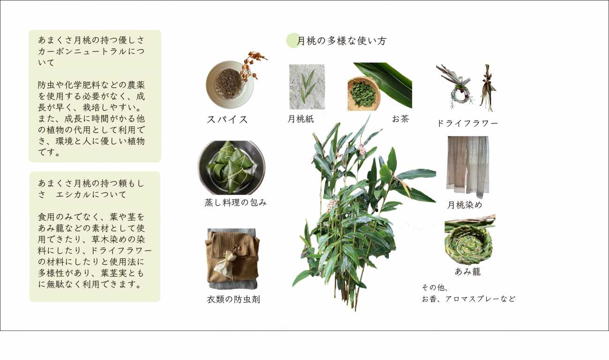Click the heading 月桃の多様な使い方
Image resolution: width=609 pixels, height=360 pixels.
[x=342, y=41]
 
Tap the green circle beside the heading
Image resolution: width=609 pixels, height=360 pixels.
[x=293, y=40]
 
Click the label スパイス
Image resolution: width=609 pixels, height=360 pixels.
[x=227, y=119]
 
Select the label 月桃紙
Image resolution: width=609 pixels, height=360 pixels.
[x=301, y=119]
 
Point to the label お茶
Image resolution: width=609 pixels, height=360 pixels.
[x=401, y=119]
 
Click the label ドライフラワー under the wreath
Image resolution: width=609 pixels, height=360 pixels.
[x=468, y=123]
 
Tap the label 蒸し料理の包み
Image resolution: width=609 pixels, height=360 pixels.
[x=236, y=202]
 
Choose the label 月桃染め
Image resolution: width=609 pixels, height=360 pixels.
[x=465, y=205]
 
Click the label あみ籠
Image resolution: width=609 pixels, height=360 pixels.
[x=468, y=272]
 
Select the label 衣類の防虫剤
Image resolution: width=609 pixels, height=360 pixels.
[x=234, y=300]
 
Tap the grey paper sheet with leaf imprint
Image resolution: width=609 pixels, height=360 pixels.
[x=307, y=87]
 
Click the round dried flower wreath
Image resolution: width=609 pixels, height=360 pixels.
[x=461, y=97]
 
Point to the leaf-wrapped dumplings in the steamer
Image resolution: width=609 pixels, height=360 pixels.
[x=231, y=168]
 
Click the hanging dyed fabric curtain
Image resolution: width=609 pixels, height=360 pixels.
[x=468, y=166]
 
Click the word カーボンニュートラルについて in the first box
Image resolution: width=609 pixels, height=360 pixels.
[x=91, y=57]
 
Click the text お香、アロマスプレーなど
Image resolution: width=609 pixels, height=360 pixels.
[x=468, y=299]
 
